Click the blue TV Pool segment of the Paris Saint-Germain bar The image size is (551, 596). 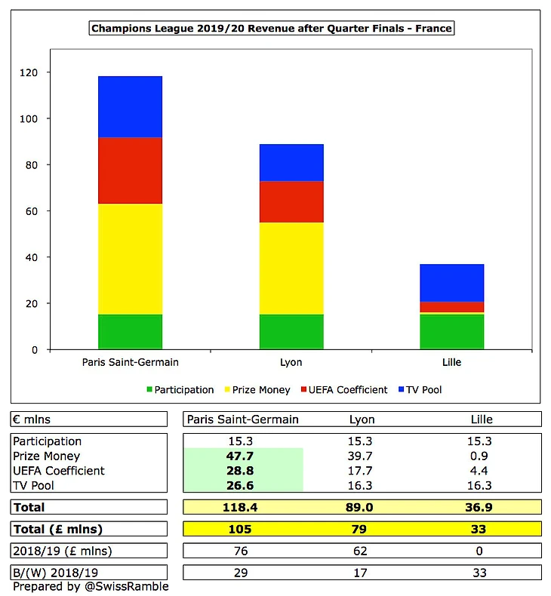point(130,107)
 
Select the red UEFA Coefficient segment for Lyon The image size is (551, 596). point(291,202)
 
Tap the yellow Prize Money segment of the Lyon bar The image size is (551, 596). point(291,269)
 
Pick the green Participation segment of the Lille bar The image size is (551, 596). point(452,332)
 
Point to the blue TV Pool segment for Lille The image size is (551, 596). point(452,283)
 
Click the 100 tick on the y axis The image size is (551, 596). point(29,118)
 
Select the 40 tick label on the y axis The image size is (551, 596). point(32,257)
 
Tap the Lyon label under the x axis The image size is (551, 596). point(291,362)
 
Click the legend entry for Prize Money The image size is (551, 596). point(257,390)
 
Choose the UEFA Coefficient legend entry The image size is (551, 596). point(344,390)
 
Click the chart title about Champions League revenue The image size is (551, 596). point(272,28)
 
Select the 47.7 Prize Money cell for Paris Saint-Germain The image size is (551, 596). point(240,456)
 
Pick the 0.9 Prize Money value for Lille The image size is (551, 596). point(479,456)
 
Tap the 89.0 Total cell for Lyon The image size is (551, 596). point(359,507)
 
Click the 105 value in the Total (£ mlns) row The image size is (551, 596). point(240,529)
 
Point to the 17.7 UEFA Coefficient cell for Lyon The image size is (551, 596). point(360,471)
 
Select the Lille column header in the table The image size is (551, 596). point(482,419)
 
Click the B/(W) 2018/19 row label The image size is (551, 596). point(56,573)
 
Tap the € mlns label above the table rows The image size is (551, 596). point(32,419)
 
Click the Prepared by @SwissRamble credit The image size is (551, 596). point(91,586)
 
